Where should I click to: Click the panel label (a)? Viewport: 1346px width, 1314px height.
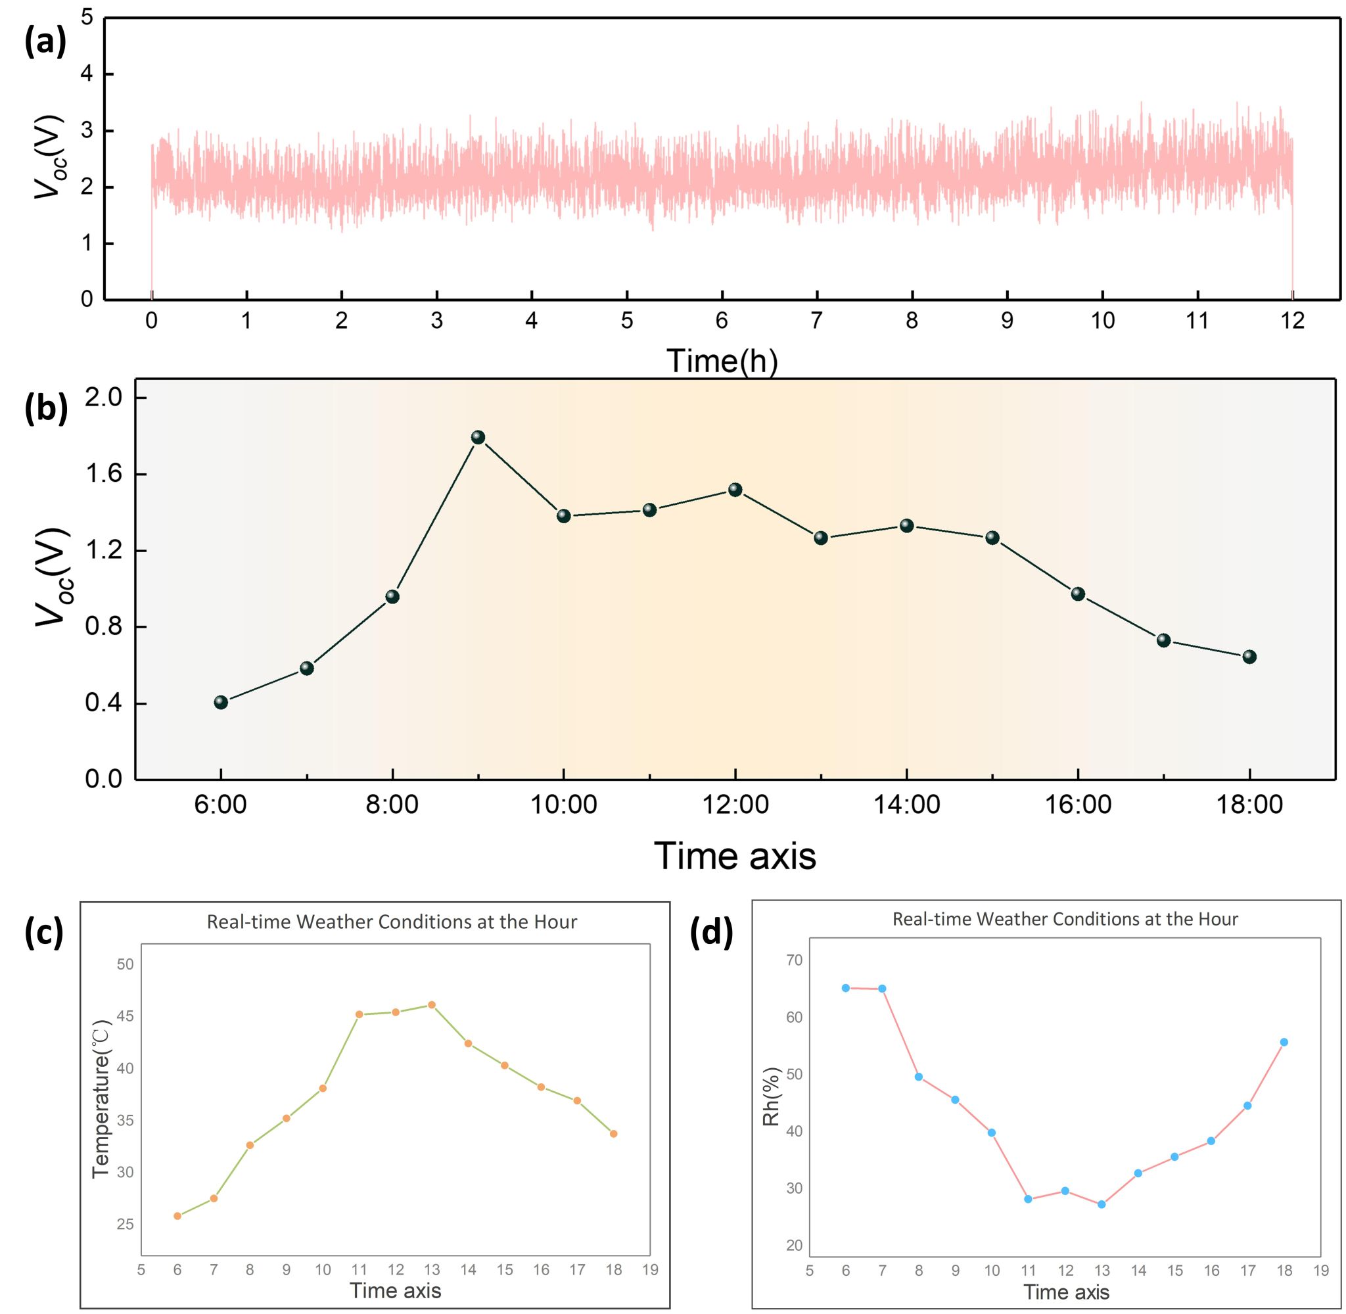pyautogui.click(x=45, y=42)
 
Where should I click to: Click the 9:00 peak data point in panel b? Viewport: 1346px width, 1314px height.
pyautogui.click(x=478, y=437)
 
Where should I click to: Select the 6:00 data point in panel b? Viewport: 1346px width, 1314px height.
pyautogui.click(x=221, y=702)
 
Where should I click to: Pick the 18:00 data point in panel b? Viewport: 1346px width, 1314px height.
pyautogui.click(x=1249, y=656)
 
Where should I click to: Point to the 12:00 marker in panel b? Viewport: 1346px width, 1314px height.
pyautogui.click(x=735, y=489)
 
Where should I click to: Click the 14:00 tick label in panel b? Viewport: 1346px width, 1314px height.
pyautogui.click(x=906, y=805)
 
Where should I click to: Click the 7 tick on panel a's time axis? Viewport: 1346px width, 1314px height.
pyautogui.click(x=817, y=321)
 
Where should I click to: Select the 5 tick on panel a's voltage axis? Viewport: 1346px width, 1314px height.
pyautogui.click(x=87, y=18)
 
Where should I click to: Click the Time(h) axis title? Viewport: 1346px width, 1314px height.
pyautogui.click(x=722, y=360)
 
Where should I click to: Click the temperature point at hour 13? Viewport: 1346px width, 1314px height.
pyautogui.click(x=432, y=1005)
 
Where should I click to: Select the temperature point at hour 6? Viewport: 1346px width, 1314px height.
pyautogui.click(x=177, y=1216)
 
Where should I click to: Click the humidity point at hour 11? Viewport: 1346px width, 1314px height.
pyautogui.click(x=1028, y=1199)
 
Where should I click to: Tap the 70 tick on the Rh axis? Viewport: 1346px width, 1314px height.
pyautogui.click(x=794, y=960)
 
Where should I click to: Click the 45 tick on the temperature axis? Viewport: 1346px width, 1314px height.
pyautogui.click(x=125, y=1016)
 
